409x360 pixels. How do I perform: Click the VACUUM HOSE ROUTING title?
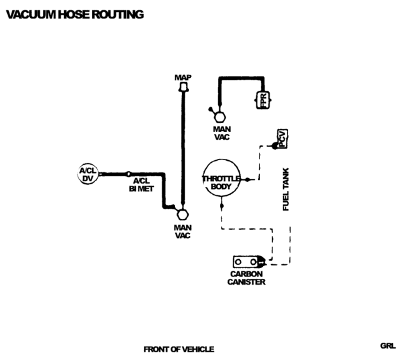(x=75, y=14)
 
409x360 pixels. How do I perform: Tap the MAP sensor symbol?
(x=183, y=86)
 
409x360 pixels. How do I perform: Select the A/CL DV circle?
(x=88, y=174)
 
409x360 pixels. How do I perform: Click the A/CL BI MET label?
(x=141, y=185)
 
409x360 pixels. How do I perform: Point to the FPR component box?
(x=263, y=100)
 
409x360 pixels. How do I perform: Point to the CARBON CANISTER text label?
(x=247, y=278)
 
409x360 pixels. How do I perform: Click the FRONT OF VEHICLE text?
(x=179, y=349)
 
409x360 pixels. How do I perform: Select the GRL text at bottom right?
(x=388, y=346)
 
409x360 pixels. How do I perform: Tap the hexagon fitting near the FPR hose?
(x=220, y=117)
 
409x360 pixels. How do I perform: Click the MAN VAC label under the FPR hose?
(x=222, y=133)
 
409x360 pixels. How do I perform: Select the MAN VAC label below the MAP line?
(x=183, y=231)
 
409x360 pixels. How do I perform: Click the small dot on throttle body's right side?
(x=247, y=179)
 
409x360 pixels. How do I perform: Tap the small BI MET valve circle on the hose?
(x=128, y=174)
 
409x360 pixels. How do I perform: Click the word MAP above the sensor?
(x=183, y=77)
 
